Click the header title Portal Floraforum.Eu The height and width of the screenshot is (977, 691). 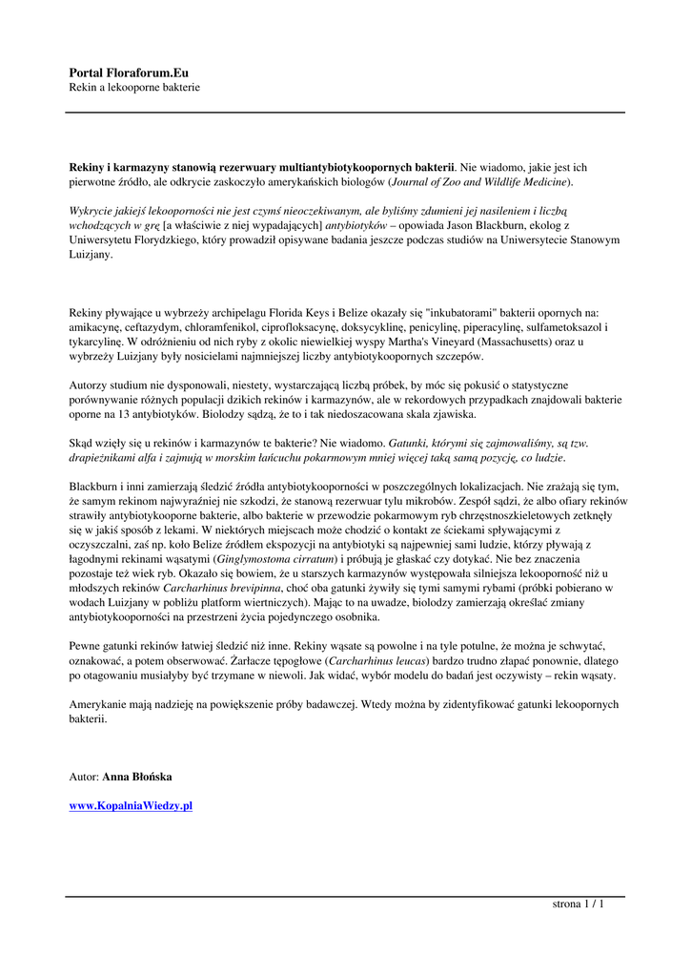(129, 73)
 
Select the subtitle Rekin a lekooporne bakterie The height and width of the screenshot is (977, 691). (134, 88)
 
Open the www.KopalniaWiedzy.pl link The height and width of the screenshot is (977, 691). (132, 806)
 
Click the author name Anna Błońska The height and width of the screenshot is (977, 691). (137, 778)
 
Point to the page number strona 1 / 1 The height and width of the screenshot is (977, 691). (579, 904)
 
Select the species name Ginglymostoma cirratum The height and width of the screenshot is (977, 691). (277, 557)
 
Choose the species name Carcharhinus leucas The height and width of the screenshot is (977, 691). (376, 660)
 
